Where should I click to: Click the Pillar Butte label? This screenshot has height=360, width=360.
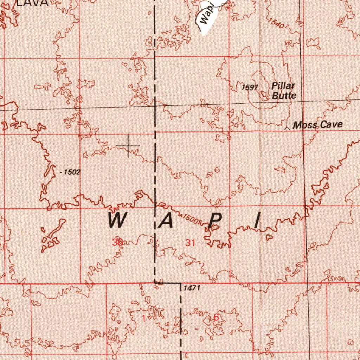[283, 91]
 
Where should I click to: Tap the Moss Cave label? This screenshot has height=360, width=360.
[317, 125]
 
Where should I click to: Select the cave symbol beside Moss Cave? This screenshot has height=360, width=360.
[287, 125]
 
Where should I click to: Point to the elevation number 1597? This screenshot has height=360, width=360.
[250, 88]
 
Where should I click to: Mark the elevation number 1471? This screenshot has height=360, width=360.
[192, 288]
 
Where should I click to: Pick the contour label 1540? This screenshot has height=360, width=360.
[276, 23]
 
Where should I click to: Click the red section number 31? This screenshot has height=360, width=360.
[190, 243]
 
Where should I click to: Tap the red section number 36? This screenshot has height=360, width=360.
[117, 242]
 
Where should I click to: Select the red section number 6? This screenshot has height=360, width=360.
[216, 317]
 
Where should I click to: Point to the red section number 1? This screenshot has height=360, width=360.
[143, 319]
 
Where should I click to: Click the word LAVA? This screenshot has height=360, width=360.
[32, 3]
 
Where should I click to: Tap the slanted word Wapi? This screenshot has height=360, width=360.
[206, 16]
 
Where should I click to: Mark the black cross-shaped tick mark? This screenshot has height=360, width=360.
[128, 145]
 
